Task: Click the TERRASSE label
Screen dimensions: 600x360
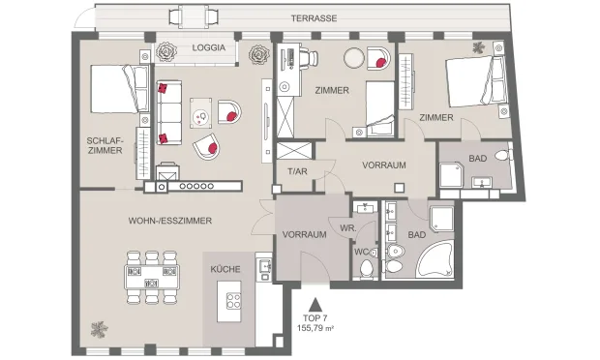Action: point(314,18)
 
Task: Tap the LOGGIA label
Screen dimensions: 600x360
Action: point(208,47)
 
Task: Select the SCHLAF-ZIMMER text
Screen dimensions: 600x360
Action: point(105,145)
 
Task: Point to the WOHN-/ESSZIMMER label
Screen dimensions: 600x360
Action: point(170,221)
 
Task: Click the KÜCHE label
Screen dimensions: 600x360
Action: point(225,269)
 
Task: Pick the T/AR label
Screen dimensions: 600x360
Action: point(297,171)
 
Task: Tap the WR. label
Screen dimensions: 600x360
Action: point(348,228)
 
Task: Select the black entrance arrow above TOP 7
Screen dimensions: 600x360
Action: point(315,305)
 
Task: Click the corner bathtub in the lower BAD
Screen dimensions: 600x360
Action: point(435,259)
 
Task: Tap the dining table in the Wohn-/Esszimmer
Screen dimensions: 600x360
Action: point(152,277)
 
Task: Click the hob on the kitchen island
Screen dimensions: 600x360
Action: point(234,300)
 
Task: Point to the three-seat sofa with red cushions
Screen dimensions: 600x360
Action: point(168,112)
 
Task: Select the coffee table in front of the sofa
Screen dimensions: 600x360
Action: point(201,113)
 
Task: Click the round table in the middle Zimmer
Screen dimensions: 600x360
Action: point(354,58)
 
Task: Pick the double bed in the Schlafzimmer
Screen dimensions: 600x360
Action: point(119,89)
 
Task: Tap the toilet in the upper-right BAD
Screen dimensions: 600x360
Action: point(503,155)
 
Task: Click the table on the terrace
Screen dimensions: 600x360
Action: point(194,16)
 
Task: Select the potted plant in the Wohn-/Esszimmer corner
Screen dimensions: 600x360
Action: point(99,329)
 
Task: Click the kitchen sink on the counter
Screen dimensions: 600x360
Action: point(265,265)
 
